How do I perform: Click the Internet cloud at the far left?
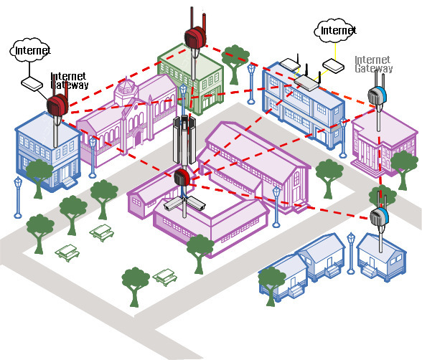[x=30, y=50]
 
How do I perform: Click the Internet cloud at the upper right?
[x=336, y=30]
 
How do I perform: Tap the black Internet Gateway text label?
[x=70, y=80]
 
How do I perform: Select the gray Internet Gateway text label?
[x=373, y=64]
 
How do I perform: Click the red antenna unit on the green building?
[x=195, y=37]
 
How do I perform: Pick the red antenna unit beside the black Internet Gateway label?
[x=57, y=105]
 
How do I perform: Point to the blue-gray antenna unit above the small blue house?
[x=379, y=217]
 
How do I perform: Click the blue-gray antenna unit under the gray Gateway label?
[x=378, y=95]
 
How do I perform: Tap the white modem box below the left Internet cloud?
[x=32, y=84]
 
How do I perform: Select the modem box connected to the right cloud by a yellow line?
[x=334, y=66]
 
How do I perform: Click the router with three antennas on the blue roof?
[x=306, y=80]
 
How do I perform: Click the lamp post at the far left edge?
[x=18, y=198]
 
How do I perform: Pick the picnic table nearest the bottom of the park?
[x=165, y=278]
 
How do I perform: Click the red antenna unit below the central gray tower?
[x=182, y=176]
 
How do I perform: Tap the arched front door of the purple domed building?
[x=138, y=138]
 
